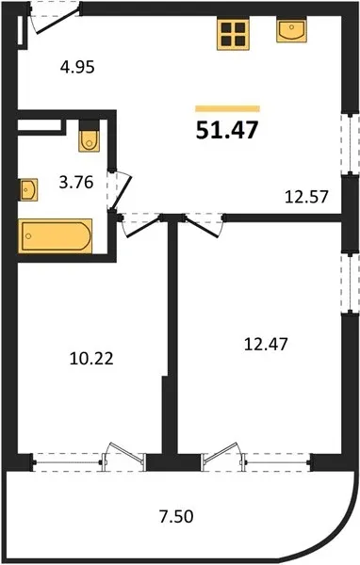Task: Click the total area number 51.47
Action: [x=227, y=130]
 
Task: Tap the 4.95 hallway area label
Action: [x=77, y=67]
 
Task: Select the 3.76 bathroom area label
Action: [x=76, y=183]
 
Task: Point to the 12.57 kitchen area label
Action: [x=306, y=197]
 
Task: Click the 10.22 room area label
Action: [x=91, y=359]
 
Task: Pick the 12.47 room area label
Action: [x=266, y=344]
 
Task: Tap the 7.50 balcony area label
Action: [x=176, y=516]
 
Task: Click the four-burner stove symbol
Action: [x=233, y=34]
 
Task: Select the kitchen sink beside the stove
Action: [x=291, y=30]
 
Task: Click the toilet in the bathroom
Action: [x=90, y=137]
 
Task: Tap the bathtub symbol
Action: [x=56, y=235]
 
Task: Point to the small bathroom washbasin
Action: [x=28, y=189]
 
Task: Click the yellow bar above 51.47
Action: [x=228, y=108]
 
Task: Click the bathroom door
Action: [x=120, y=190]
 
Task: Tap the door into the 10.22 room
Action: [x=140, y=225]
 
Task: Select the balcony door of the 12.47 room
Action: [x=222, y=456]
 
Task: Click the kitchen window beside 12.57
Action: [x=351, y=144]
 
